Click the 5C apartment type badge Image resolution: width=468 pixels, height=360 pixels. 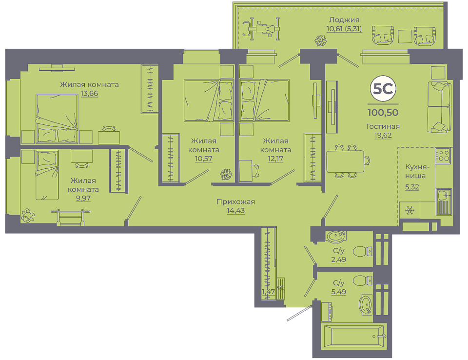pos(383,88)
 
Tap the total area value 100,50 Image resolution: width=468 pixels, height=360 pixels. pos(383,113)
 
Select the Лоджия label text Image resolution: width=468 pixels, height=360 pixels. pos(344,20)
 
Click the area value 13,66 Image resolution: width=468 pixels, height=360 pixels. pos(89,94)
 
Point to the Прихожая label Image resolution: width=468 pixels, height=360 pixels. pos(236,202)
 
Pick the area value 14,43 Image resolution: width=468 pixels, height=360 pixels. pos(236,211)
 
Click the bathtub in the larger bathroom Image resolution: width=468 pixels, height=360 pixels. pos(354,337)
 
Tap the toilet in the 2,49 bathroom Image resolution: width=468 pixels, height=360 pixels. pos(363,251)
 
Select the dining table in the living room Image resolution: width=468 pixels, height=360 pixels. pos(345,161)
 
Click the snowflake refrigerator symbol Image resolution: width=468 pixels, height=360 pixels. pos(410,210)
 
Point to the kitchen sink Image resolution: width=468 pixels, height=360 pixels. pos(444,201)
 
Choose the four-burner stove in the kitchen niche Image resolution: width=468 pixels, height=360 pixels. pos(443,156)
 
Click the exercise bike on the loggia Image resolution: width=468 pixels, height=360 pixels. pos(261,29)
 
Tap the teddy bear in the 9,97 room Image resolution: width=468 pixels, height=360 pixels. pos(28,216)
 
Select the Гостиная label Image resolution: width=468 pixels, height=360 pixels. pos(383,127)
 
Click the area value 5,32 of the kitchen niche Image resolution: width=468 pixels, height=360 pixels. pos(412,187)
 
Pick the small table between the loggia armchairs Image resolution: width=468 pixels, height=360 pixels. pos(405,36)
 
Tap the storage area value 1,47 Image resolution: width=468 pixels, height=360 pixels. pos(268,292)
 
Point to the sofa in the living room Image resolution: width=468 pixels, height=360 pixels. pos(439,107)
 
